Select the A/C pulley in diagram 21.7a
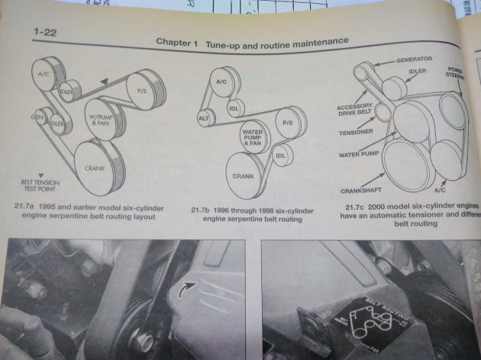44,74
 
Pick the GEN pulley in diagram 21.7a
36,118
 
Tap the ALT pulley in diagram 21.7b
204,118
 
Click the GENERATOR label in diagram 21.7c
414,59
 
